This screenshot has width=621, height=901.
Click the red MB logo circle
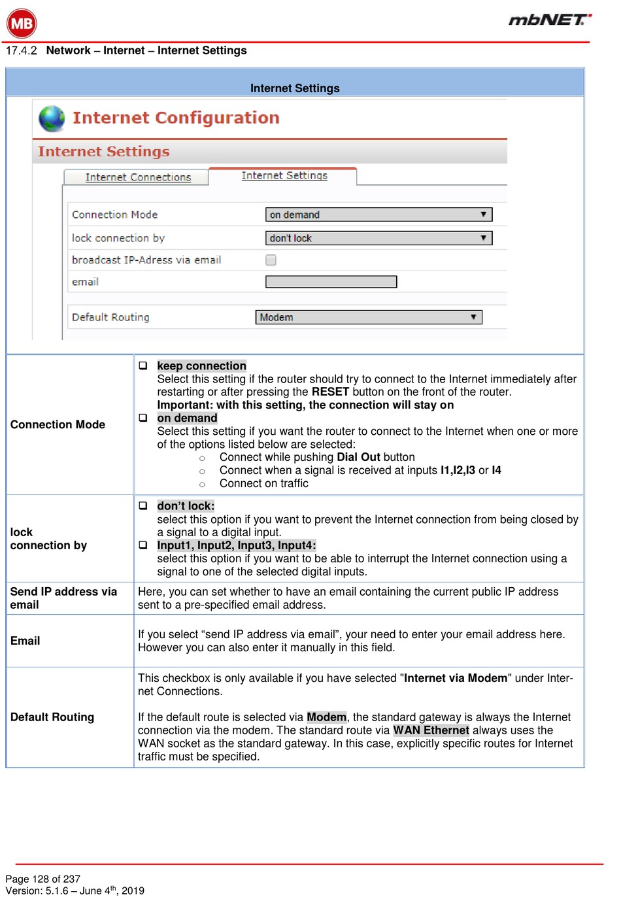[x=22, y=24]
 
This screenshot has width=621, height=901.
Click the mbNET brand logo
[x=550, y=20]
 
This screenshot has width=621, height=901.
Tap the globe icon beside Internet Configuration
[x=52, y=118]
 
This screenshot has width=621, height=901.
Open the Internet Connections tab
[x=138, y=177]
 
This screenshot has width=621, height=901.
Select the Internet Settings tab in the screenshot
[x=284, y=175]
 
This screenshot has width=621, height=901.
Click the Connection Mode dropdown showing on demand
[x=378, y=214]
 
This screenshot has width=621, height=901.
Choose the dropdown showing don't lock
[x=378, y=238]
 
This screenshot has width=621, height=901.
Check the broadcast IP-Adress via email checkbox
[x=271, y=260]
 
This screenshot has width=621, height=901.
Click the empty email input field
[x=331, y=282]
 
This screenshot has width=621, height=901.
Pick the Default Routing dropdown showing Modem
[x=369, y=317]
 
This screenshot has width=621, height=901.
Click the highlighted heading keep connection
[x=201, y=366]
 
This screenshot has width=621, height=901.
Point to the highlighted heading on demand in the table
[x=187, y=418]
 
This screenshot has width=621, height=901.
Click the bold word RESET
[x=330, y=392]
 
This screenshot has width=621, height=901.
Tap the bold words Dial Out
[x=358, y=458]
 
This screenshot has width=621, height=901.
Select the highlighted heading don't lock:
[x=186, y=506]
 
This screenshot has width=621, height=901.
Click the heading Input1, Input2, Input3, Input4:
[x=237, y=545]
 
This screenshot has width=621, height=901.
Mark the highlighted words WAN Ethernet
[x=431, y=730]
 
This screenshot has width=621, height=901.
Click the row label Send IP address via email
[x=63, y=598]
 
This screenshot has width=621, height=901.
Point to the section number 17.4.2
[x=22, y=51]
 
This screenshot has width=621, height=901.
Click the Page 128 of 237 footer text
[x=42, y=879]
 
